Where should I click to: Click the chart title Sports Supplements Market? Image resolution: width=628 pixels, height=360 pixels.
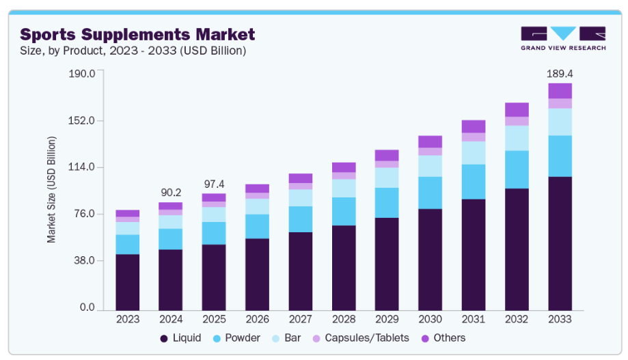pyautogui.click(x=137, y=34)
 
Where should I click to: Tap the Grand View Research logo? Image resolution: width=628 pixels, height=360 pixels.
pyautogui.click(x=562, y=38)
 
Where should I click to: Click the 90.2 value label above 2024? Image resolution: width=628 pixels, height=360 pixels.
pyautogui.click(x=170, y=193)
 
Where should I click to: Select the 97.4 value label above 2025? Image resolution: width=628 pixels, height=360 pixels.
pyautogui.click(x=213, y=184)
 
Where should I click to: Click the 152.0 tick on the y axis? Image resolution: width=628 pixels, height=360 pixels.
pyautogui.click(x=81, y=121)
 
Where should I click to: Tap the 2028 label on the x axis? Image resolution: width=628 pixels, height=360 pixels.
pyautogui.click(x=344, y=319)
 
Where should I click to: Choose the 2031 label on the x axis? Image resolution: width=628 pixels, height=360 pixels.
pyautogui.click(x=474, y=319)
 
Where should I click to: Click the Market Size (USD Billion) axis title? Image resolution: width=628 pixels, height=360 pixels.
pyautogui.click(x=52, y=190)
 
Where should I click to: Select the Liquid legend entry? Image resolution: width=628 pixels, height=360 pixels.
pyautogui.click(x=180, y=338)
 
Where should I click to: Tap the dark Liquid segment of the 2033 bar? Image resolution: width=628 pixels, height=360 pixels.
pyautogui.click(x=560, y=243)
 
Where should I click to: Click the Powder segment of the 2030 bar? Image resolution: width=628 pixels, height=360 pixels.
pyautogui.click(x=430, y=193)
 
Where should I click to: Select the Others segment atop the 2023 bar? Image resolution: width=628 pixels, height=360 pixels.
pyautogui.click(x=127, y=214)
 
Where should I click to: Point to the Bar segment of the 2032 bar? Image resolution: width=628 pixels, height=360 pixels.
pyautogui.click(x=517, y=138)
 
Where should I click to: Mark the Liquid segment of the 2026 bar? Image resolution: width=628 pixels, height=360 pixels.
pyautogui.click(x=257, y=274)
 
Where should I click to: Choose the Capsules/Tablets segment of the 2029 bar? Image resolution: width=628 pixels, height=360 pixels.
pyautogui.click(x=387, y=164)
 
